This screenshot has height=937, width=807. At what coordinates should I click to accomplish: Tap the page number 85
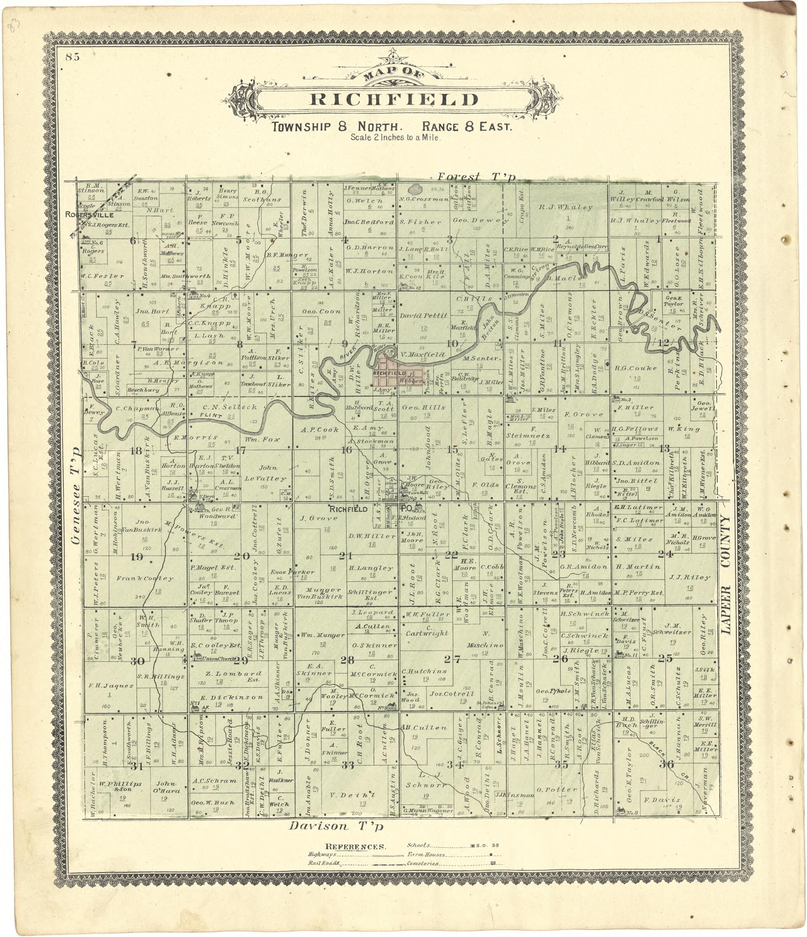coord(72,57)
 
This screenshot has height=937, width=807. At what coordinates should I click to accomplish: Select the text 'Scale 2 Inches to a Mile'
coord(395,137)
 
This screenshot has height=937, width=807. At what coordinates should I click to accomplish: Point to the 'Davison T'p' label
coord(336,826)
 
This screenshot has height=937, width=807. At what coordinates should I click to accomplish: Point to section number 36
coord(666,764)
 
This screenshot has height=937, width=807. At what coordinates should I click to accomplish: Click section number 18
coord(136,451)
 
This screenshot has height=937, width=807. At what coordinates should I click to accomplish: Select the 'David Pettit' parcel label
coord(424,315)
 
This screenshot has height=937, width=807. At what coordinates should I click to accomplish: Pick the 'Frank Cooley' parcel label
coord(145,578)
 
